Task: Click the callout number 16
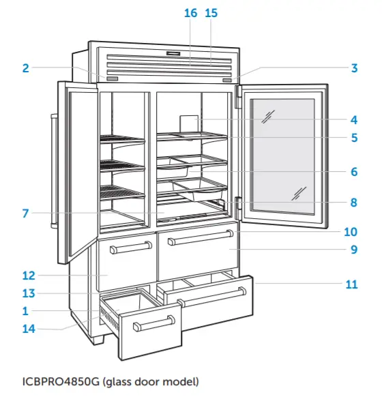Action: [190, 13]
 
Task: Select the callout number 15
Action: [211, 13]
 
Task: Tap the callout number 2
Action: [25, 68]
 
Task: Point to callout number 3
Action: [354, 68]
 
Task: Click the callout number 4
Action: [354, 119]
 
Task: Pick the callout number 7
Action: [25, 213]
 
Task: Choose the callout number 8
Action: [354, 202]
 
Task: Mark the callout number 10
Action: [353, 231]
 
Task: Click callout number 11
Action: [351, 284]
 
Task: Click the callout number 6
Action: [354, 172]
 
